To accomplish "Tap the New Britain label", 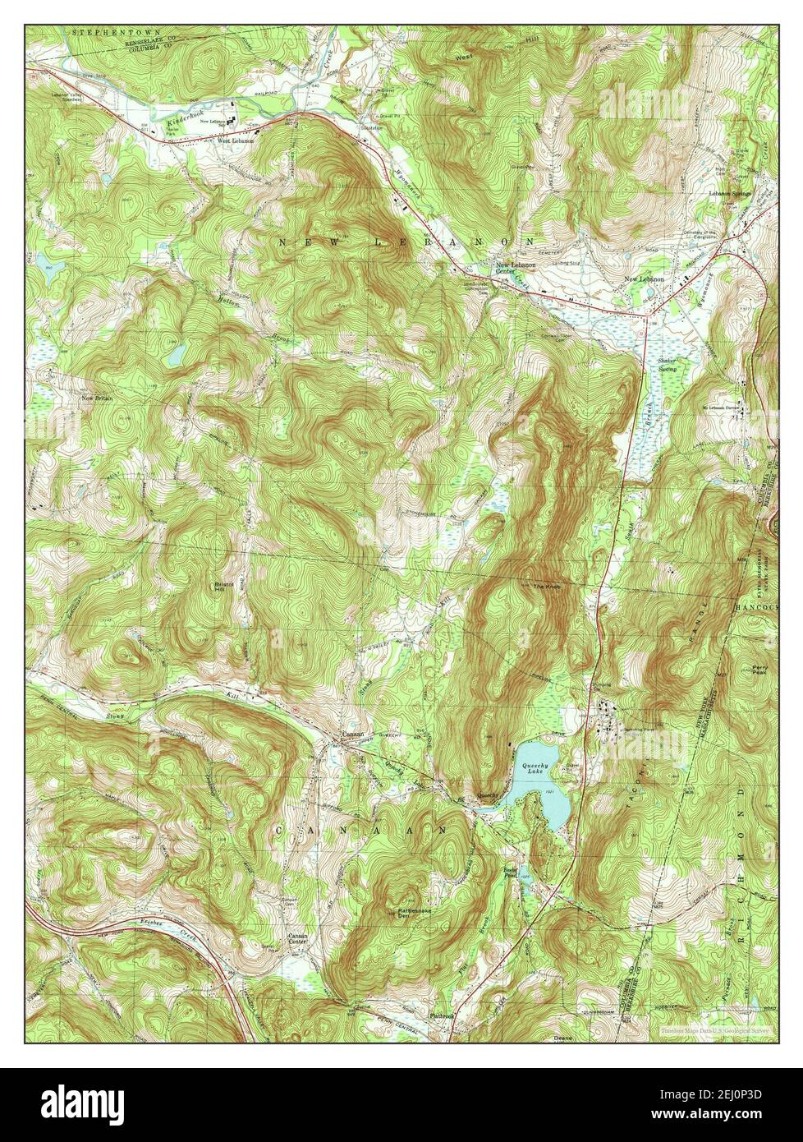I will tap(96, 398).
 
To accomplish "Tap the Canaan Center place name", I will tap(297, 939).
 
